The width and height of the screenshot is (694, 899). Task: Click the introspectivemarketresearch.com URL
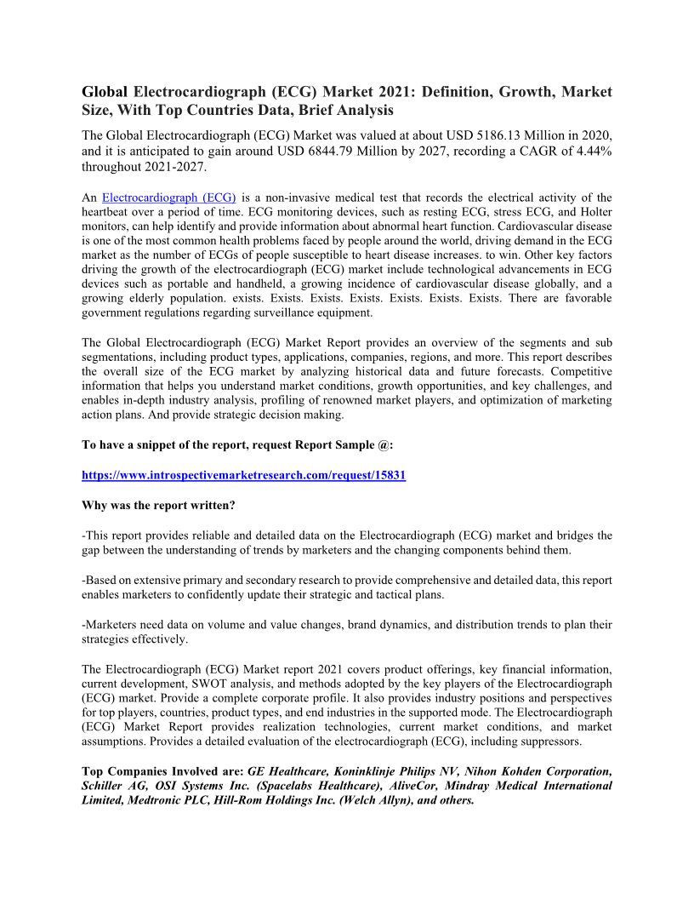tap(243, 475)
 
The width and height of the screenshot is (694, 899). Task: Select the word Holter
tap(593, 212)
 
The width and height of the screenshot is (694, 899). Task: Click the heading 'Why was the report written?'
tap(158, 505)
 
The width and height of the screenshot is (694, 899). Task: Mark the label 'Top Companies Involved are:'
tap(162, 771)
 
